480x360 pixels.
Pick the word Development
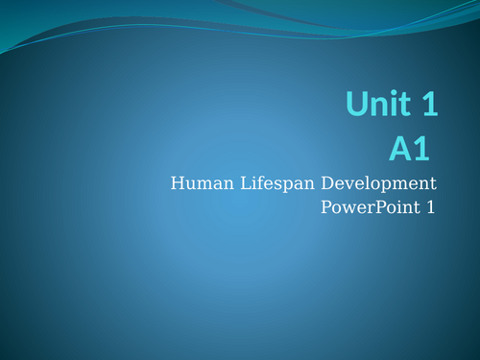pos(375,183)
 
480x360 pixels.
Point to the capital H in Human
pos(177,182)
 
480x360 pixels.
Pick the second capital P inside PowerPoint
pos(372,206)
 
